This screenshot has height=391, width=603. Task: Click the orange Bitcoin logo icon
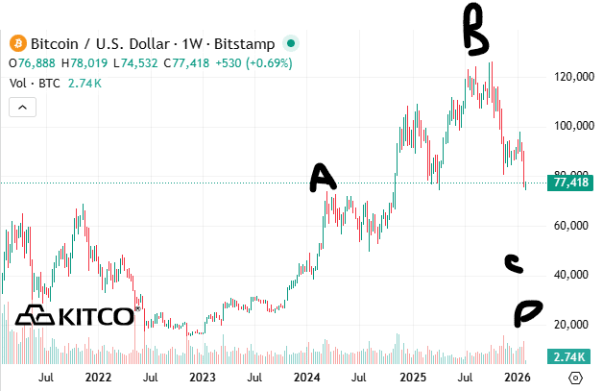(16, 43)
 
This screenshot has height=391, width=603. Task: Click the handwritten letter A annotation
(323, 178)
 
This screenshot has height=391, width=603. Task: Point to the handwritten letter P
(527, 310)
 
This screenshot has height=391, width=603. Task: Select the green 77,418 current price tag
(570, 183)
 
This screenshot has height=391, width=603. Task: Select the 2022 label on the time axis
(97, 379)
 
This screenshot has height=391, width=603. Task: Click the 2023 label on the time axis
(202, 379)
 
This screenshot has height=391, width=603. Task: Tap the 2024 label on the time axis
(306, 379)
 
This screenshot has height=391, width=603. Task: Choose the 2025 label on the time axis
(412, 379)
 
